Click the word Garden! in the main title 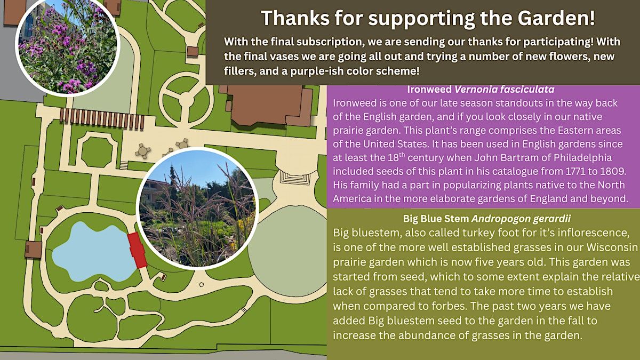556,18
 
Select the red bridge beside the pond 137,250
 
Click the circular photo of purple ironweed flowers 68,46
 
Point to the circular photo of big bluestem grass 197,209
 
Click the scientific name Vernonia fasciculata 505,90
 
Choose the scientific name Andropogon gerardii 521,219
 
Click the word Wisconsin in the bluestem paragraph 612,247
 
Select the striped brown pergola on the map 102,118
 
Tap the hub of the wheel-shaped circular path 186,100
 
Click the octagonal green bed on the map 97,152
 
